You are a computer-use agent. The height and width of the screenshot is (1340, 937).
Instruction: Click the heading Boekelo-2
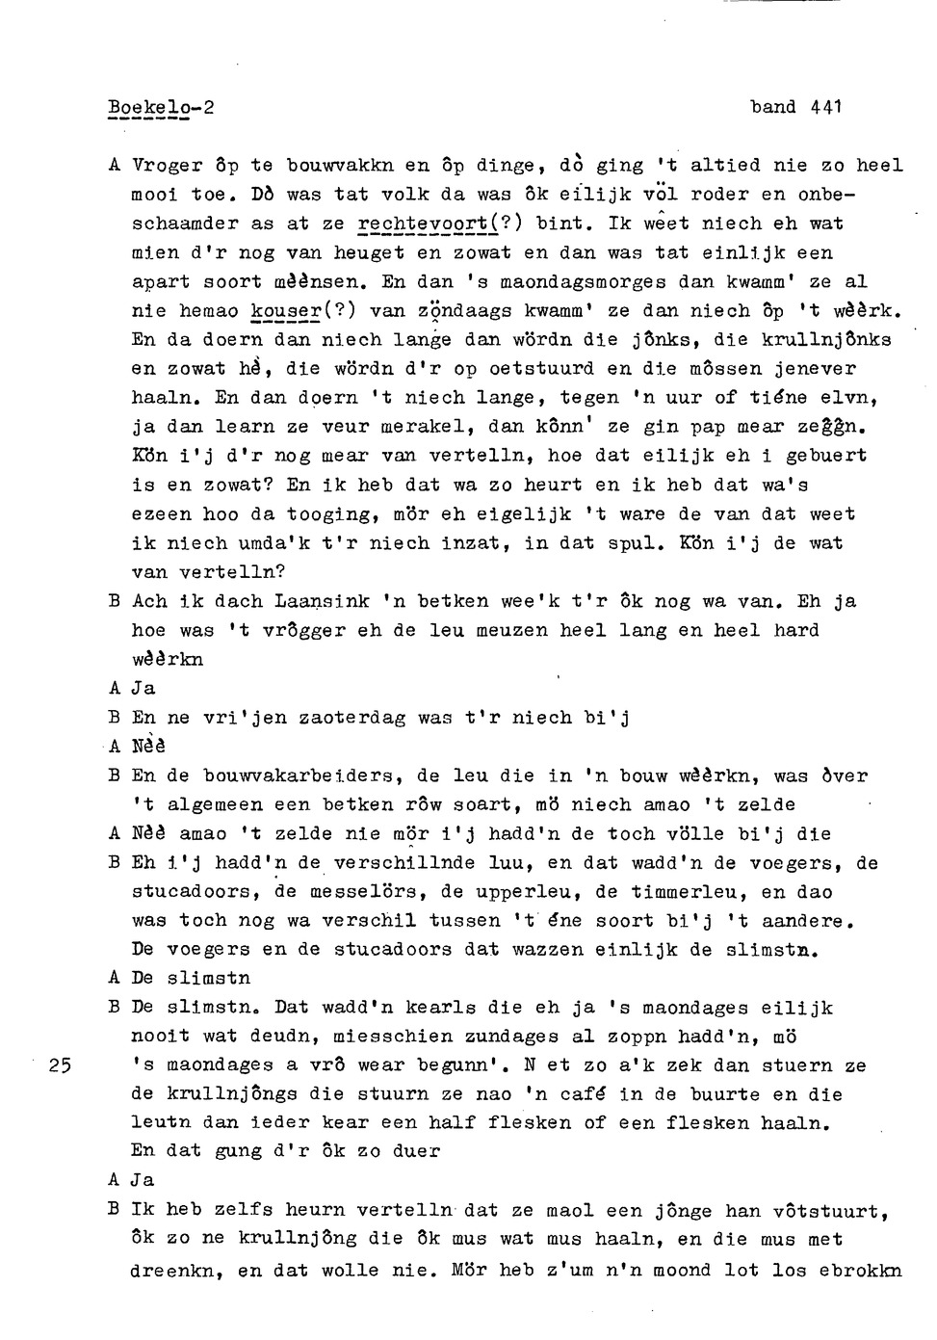pos(160,108)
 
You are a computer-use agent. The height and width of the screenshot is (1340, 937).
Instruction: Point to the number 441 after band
pos(826,107)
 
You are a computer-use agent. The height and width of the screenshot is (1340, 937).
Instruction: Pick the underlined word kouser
pos(283,311)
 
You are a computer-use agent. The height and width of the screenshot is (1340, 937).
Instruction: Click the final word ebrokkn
pos(860,1271)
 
